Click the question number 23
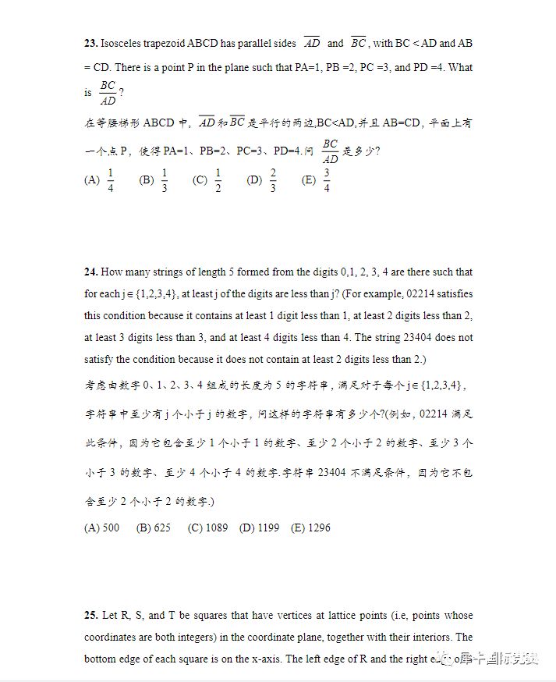click(x=90, y=44)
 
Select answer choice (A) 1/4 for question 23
click(x=100, y=180)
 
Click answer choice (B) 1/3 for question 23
click(x=154, y=180)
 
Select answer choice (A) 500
click(x=102, y=527)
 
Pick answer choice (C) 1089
click(x=208, y=527)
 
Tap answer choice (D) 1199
click(x=260, y=527)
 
